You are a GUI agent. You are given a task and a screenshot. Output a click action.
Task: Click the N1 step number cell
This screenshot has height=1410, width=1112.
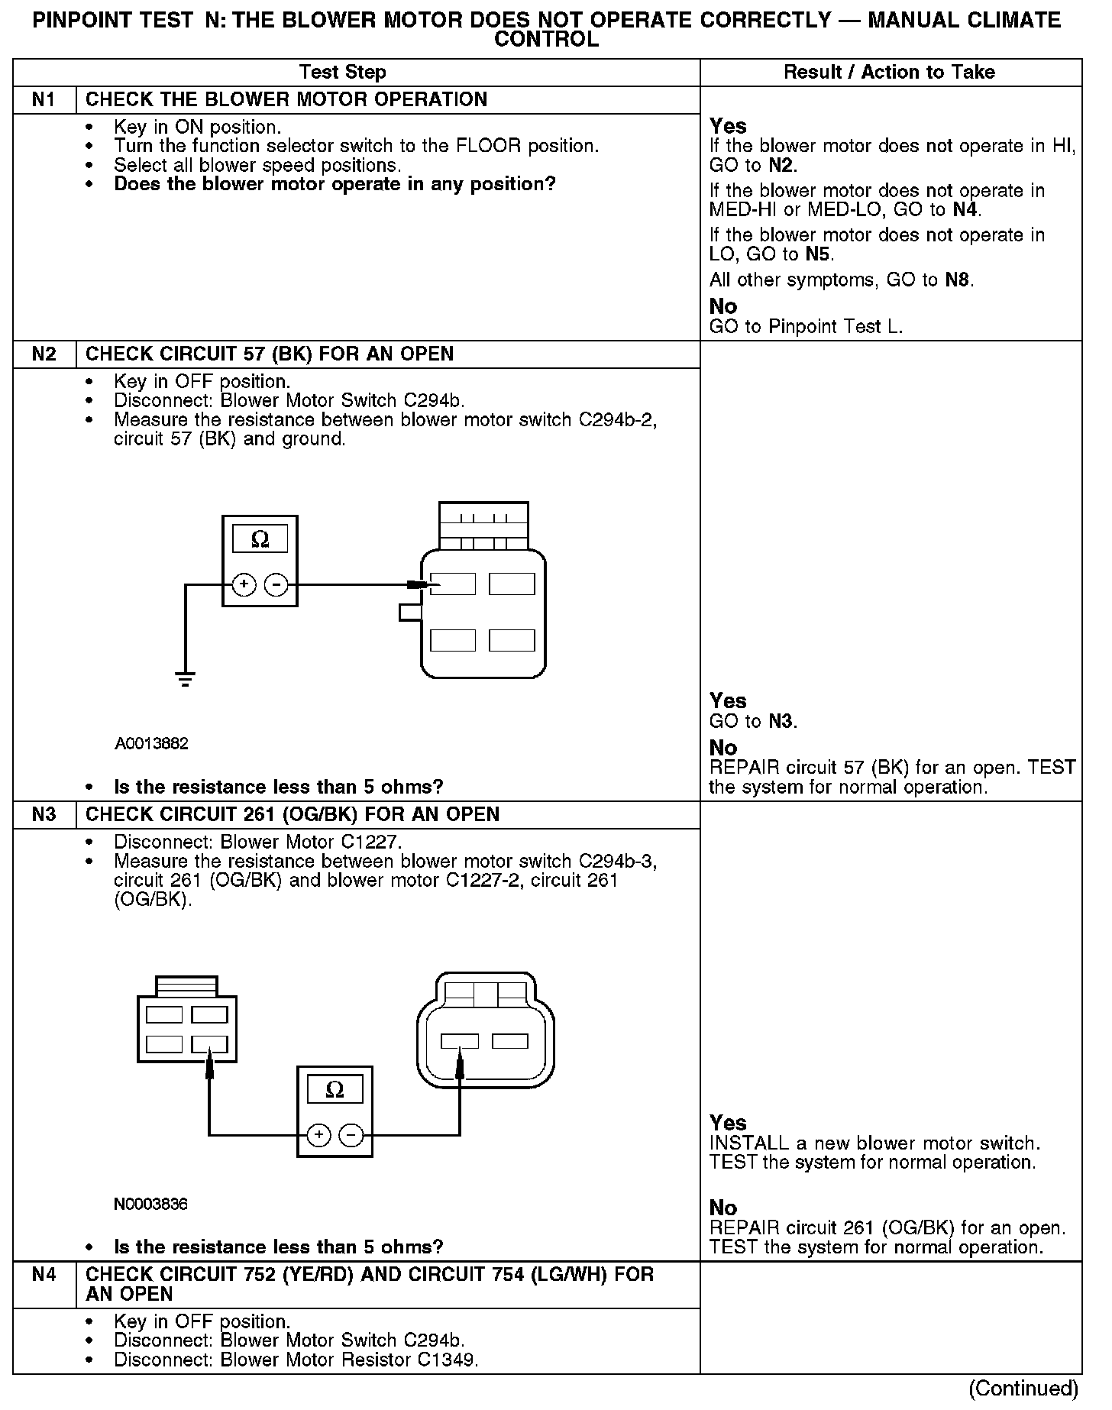(x=44, y=100)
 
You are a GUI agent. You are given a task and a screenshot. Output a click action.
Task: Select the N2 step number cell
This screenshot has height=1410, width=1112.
(x=44, y=354)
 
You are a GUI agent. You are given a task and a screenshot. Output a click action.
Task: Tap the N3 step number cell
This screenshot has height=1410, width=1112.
(x=44, y=814)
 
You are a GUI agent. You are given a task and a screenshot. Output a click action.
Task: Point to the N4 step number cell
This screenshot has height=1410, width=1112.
(x=44, y=1275)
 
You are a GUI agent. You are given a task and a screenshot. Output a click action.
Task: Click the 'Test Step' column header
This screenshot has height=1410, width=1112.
(x=342, y=73)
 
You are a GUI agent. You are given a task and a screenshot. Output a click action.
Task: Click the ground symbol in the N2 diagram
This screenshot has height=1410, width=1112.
(x=185, y=678)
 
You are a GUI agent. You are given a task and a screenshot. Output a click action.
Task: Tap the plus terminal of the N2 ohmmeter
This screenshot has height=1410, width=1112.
(x=244, y=585)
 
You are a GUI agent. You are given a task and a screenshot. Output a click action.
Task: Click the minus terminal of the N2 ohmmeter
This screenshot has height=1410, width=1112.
(x=276, y=585)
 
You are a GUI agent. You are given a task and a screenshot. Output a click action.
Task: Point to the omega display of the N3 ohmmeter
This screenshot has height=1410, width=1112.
(x=335, y=1090)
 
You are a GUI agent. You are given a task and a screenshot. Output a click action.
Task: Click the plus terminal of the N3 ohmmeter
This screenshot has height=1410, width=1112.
(x=318, y=1136)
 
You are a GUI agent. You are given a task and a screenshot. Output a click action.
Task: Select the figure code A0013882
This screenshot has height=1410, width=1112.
(x=151, y=744)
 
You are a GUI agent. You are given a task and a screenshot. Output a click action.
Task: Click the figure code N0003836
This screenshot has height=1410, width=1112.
(x=150, y=1205)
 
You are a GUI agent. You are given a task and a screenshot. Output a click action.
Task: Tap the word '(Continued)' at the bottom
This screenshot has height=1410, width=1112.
(x=1023, y=1388)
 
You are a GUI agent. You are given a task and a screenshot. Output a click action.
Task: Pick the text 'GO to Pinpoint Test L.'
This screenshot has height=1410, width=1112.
(x=806, y=327)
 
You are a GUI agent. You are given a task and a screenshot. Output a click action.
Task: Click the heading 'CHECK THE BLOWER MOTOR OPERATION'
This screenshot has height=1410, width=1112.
(x=286, y=100)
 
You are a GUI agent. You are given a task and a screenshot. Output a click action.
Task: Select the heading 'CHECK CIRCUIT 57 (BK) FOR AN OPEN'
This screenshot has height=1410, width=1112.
(x=270, y=354)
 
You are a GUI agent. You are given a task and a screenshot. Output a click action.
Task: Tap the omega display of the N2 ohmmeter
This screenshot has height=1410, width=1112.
(x=260, y=539)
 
